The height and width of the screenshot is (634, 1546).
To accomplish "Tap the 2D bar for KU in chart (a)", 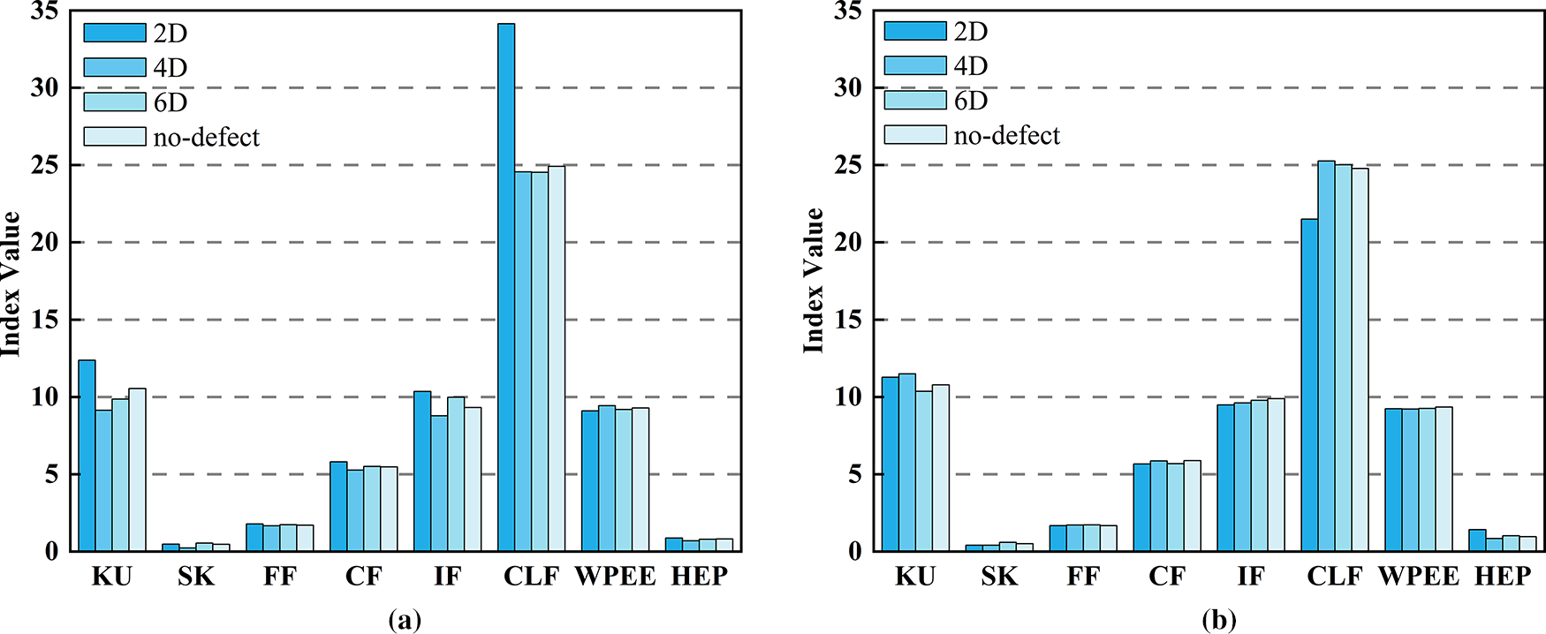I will pos(87,456).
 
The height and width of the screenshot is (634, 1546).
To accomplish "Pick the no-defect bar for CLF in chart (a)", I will pos(557,359).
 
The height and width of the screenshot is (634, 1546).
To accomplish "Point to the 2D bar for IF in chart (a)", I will pos(422,472).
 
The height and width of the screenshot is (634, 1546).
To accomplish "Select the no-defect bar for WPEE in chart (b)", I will pos(1444,479).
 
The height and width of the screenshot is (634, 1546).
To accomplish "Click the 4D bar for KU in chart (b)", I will pos(906,463).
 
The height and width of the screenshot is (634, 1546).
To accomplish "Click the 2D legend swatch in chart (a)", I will pos(115,33).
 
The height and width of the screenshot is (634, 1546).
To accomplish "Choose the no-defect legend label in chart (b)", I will pos(1006,135).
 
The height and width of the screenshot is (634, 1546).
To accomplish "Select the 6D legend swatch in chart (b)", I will pos(914,100).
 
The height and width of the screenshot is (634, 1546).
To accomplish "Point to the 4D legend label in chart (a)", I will pos(171,68).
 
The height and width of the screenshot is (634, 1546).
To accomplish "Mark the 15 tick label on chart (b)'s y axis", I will pos(847,320).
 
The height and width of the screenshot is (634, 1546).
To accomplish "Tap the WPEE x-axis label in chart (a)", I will pos(615,577).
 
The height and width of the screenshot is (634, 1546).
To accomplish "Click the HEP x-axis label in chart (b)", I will pos(1502,577).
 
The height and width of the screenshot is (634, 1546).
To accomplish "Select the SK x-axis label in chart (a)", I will pos(196,577).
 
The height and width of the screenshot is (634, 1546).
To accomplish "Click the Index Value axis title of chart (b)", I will pos(814,281).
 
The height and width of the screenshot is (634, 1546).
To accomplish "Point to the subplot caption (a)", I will pos(405,620).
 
